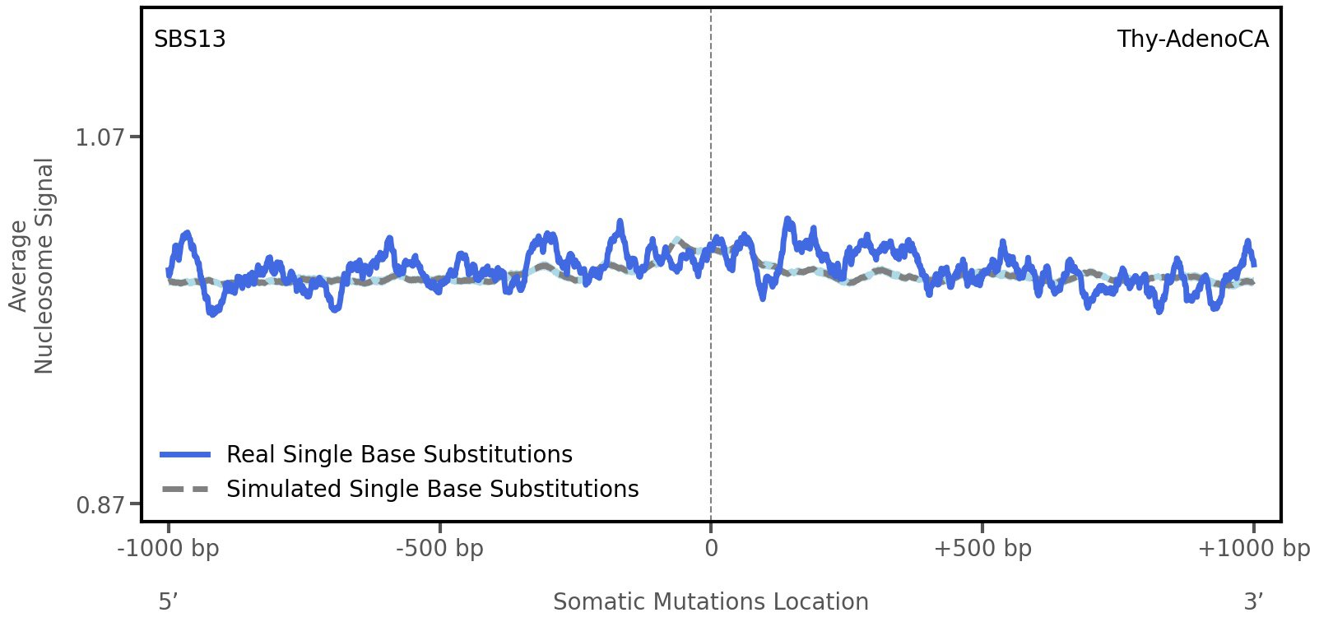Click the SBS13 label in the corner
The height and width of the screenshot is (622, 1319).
pos(189,39)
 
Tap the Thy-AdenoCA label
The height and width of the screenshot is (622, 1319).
pos(1192,39)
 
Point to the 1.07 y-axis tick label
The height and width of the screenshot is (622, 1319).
pos(100,137)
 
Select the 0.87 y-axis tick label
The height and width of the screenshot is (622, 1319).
pos(100,504)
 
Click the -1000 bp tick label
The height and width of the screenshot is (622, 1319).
pos(169,549)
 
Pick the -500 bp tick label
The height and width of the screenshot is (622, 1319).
pos(439,549)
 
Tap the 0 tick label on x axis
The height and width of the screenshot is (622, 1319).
pos(711,549)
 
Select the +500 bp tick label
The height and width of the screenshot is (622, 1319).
pos(982,549)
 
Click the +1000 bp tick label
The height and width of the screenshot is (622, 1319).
pos(1253,549)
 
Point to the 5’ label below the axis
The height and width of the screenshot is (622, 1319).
pos(168,601)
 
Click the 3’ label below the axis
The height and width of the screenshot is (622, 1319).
pos(1253,601)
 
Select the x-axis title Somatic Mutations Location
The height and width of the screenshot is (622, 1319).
pos(710,602)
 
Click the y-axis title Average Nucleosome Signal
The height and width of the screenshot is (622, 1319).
pos(31,266)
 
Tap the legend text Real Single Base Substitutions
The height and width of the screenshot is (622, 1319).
pos(399,454)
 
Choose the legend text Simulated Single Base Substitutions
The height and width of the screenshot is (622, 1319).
pos(432,489)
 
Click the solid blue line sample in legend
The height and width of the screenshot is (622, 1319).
pos(186,455)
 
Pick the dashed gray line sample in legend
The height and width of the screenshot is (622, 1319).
pos(186,490)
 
